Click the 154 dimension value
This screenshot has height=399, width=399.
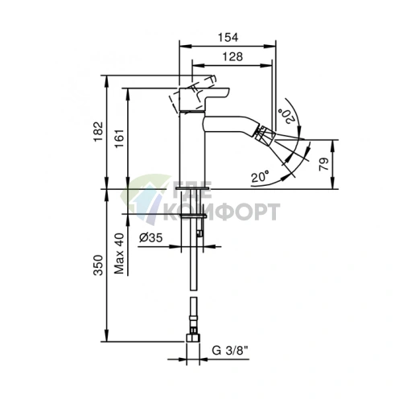(x=228, y=38)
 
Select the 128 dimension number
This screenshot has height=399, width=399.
(x=232, y=56)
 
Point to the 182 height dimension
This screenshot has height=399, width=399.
(x=98, y=132)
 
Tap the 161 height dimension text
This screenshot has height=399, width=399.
(x=120, y=138)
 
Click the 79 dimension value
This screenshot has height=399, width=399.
(x=323, y=164)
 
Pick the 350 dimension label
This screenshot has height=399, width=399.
(x=98, y=265)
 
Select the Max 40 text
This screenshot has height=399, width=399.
(x=119, y=253)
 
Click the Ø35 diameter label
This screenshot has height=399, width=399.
(x=150, y=237)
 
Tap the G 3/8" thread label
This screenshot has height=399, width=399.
(x=230, y=350)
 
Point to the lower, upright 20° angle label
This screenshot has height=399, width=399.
(x=260, y=176)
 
